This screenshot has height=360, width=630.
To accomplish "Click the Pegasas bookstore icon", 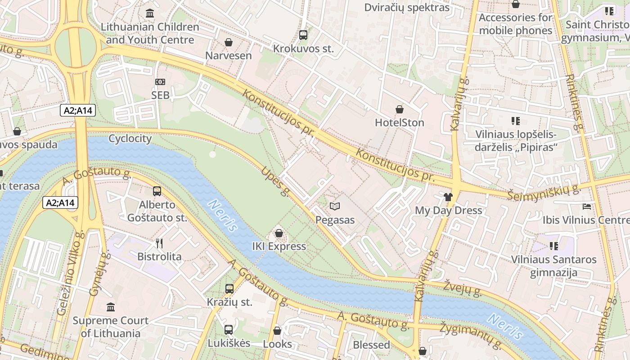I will pos(334,206).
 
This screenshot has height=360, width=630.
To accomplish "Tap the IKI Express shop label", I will pos(279,246).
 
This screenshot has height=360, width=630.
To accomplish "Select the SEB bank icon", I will pos(160,82).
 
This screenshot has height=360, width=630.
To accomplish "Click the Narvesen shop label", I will pos(229,56).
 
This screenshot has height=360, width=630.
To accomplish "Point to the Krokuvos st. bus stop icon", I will pos(303,35).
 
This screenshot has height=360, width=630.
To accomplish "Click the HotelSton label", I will pos(399,122).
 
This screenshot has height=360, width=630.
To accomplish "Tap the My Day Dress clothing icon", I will pos(448,197).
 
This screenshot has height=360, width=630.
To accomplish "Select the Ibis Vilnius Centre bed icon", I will pos(587,207).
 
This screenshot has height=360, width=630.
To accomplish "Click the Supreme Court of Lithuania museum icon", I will pos(111,307).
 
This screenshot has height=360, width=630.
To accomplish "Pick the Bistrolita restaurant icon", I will pos(159,243).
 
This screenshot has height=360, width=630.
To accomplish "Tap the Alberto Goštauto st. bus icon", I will pos(157,191).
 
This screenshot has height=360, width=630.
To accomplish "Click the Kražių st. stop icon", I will pos(229,288).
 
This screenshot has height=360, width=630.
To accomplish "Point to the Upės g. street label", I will pos(275,181).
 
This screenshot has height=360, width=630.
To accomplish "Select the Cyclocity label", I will pos(130,138).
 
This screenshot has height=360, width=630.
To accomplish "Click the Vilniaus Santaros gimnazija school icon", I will pos(554,246).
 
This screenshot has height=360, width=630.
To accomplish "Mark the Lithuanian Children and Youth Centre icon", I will pos(150,13).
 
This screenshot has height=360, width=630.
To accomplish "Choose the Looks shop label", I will pos(277,344).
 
